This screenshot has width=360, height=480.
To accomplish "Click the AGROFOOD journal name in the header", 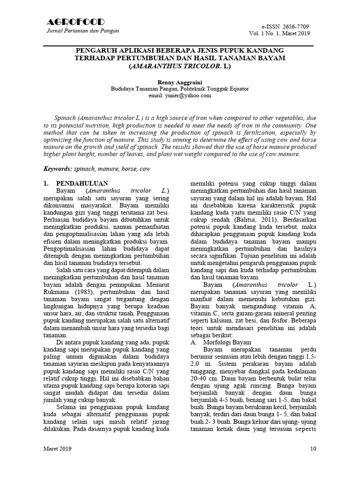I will click(75, 22).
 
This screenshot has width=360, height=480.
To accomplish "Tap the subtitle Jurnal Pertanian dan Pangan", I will click(81, 31).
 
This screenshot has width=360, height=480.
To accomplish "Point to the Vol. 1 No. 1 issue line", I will click(280, 34).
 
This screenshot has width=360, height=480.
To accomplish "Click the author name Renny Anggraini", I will click(180, 82).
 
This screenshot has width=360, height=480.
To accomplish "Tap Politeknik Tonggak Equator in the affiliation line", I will click(212, 88).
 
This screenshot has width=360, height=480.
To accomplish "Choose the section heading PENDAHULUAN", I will click(82, 183).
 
